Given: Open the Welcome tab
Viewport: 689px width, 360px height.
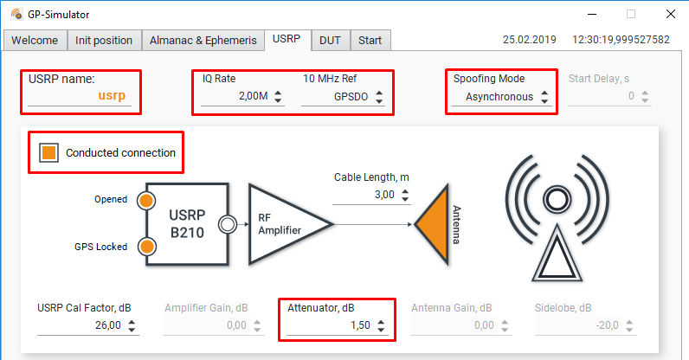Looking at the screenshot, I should coord(35,41).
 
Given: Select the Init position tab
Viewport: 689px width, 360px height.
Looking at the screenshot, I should coord(104,41).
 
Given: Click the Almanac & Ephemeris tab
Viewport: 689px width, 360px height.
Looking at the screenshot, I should coord(203,41).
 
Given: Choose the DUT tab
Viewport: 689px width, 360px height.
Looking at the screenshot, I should coord(329,41).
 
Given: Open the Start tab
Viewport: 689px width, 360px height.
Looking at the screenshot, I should coord(370,41).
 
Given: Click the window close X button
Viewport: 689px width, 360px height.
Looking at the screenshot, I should coord(670,14).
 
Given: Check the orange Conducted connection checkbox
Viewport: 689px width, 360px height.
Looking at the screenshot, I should coord(49,153).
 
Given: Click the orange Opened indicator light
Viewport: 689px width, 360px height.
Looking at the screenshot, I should coord(146,200).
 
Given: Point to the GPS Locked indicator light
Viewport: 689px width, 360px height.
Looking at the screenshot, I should coord(146,247).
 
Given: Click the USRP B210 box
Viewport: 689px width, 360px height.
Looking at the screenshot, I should coord(186,223).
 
